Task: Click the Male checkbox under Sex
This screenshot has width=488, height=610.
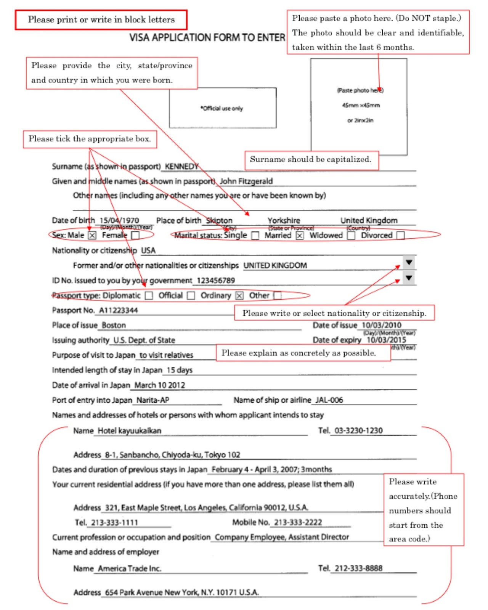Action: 92,235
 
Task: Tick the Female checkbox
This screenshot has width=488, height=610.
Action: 135,235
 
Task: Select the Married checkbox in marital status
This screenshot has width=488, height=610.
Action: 300,236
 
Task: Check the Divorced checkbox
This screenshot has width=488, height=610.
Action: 400,236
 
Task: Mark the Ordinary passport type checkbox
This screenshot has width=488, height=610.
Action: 239,295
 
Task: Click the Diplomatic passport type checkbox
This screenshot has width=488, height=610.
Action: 149,295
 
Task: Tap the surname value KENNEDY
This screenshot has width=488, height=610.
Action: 181,166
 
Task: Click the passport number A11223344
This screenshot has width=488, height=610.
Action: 119,310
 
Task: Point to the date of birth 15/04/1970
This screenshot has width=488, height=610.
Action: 119,220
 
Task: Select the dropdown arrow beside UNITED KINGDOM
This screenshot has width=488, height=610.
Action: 409,263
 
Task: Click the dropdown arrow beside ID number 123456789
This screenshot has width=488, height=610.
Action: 409,278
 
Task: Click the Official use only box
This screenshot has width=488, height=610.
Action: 223,108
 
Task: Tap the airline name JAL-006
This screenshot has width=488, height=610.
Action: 329,400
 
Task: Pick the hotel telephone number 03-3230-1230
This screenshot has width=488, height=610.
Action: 358,430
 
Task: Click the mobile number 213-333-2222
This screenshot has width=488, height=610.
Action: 298,522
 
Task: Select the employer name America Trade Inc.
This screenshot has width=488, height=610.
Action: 130,568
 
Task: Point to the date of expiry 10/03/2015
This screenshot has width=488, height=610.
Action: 386,340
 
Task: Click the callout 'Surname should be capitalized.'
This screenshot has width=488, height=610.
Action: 311,160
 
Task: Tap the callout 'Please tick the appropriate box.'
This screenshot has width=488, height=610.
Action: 90,139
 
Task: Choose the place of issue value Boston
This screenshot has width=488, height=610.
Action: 114,325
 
